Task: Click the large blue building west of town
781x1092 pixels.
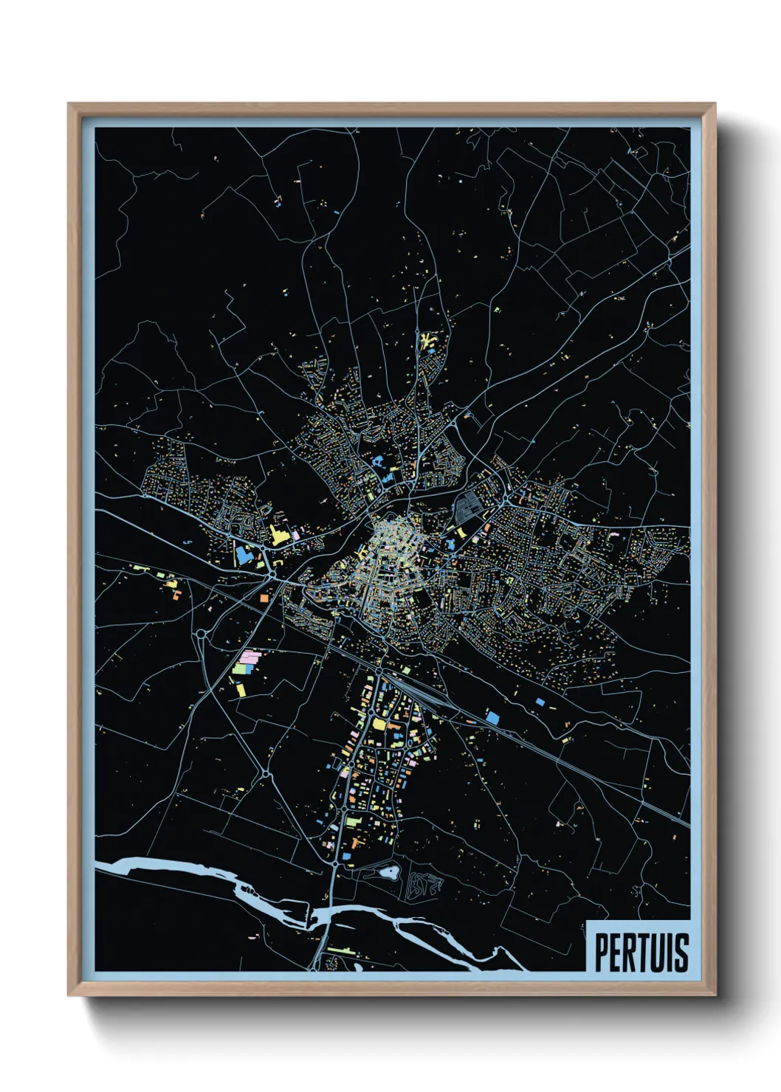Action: pyautogui.click(x=242, y=554)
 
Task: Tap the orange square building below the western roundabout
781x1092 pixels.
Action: pyautogui.click(x=264, y=599)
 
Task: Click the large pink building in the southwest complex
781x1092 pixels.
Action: pyautogui.click(x=251, y=655)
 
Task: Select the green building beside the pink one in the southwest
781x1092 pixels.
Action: pyautogui.click(x=239, y=670)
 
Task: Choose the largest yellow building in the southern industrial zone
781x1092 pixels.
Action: pyautogui.click(x=379, y=724)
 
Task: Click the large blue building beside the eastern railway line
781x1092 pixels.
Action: pyautogui.click(x=492, y=716)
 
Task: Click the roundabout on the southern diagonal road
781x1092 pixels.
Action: pyautogui.click(x=264, y=775)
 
